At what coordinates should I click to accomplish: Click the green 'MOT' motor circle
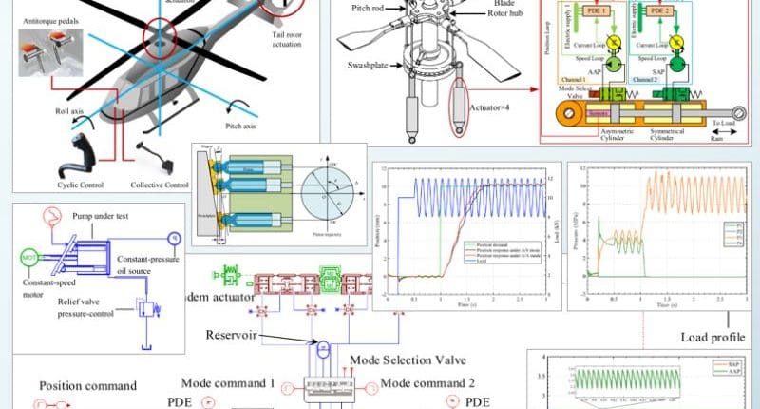coord(28,257)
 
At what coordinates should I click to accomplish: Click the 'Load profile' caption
coord(712,337)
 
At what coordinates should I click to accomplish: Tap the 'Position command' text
coord(87,386)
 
